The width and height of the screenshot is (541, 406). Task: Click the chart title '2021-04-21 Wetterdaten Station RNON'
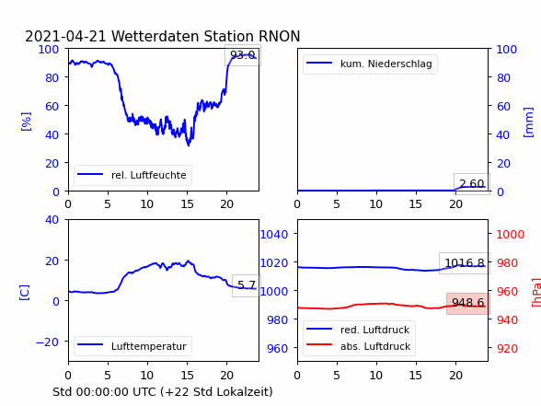coord(163,36)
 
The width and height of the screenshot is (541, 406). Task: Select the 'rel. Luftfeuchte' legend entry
coord(132,175)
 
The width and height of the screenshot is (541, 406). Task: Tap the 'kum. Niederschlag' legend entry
coord(370,64)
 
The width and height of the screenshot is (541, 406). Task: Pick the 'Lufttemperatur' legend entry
coord(132,346)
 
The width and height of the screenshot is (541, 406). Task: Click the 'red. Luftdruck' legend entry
coord(358,330)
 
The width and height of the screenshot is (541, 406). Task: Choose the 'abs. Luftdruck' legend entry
coord(359,346)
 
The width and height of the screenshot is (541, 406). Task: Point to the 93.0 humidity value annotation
coord(243,55)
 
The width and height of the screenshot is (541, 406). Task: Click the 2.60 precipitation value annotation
coord(472,184)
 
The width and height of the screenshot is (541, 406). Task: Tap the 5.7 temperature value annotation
coord(247,285)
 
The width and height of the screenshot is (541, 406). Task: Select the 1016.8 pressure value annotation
coord(465,263)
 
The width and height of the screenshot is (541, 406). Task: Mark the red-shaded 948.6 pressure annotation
coord(467,303)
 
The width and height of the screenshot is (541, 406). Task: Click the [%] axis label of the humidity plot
coord(26,122)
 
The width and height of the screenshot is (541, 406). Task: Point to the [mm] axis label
coord(528,122)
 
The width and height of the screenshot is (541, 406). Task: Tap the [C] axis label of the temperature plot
coord(25,293)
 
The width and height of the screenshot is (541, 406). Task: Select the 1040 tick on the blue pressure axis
coord(274,235)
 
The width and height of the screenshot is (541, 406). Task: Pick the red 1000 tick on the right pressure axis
coord(511,235)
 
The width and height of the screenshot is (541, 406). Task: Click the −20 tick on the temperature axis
coord(47,342)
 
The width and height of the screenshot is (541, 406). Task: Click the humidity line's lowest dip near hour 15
coord(189,145)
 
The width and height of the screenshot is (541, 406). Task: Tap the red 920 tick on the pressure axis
coord(507,348)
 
